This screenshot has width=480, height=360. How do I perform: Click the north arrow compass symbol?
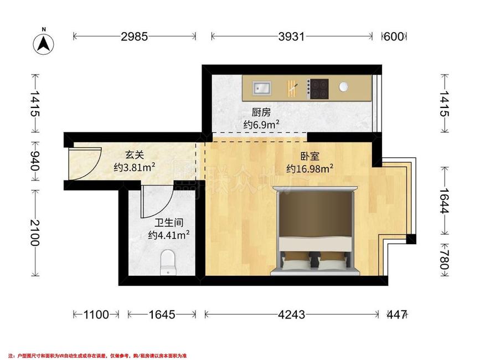coord(44,43)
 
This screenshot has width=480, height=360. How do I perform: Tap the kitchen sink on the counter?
coord(262,88)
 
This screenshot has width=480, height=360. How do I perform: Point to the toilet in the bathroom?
coord(168,263)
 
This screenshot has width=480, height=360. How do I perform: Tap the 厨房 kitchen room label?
coord(261,112)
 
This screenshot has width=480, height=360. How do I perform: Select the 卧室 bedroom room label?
coord(309,156)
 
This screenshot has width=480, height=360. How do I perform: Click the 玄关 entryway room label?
coord(135,155)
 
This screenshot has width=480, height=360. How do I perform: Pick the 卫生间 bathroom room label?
coord(169,223)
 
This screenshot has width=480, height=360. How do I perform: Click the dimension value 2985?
coord(135,37)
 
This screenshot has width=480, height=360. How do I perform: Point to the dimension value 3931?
coord(291,37)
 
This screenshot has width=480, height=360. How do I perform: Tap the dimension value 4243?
coord(291,315)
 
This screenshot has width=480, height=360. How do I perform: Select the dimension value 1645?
coord(162,315)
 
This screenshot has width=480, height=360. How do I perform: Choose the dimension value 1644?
coord(444,201)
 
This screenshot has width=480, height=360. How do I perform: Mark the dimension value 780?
coord(444,260)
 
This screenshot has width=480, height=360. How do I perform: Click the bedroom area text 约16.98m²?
coord(310,169)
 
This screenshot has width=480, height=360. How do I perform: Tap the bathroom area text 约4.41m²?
coord(169,235)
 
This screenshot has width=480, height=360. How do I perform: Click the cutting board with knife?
coord(292,89)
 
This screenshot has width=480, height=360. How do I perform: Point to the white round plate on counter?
coord(343,87)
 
